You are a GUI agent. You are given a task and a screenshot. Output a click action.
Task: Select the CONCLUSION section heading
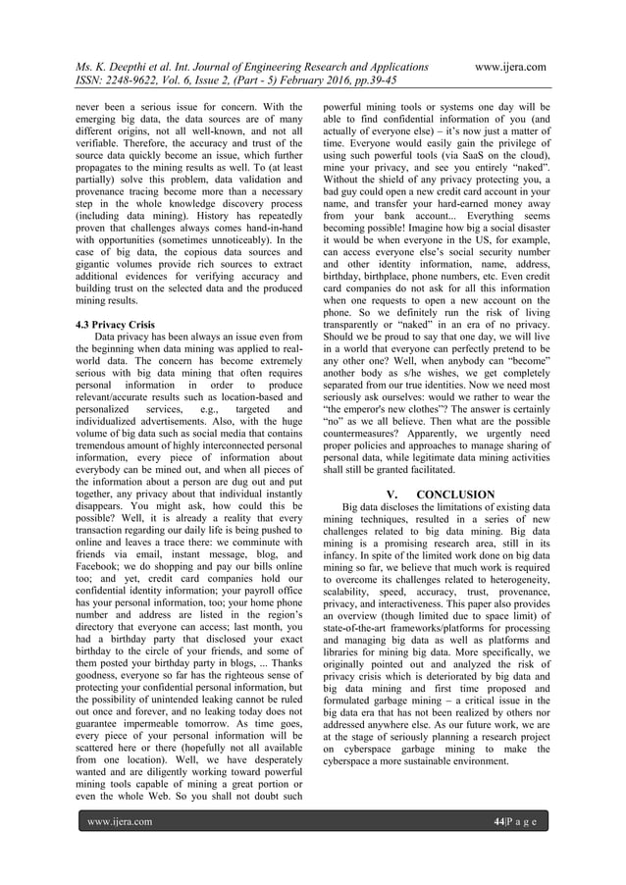[x=452, y=494]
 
